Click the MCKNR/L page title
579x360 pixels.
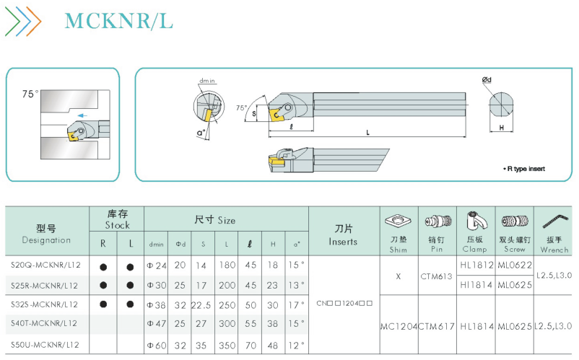click(x=118, y=21)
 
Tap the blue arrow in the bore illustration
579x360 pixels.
click(x=82, y=115)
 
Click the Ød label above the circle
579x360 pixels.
click(x=487, y=79)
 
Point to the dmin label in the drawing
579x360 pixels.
click(x=207, y=81)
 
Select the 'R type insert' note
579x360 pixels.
click(x=524, y=169)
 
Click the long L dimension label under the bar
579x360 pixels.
click(x=367, y=133)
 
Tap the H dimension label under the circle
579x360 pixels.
click(x=502, y=128)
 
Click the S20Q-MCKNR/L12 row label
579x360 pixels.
click(x=45, y=265)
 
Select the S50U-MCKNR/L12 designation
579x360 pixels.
click(x=45, y=345)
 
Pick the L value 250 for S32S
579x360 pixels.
click(x=227, y=305)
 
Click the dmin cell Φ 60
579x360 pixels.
click(x=157, y=346)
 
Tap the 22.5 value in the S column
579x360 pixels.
click(x=201, y=305)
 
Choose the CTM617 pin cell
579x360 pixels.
click(x=437, y=326)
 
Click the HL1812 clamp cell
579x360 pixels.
click(x=476, y=265)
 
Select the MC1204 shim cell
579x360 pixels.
click(x=399, y=326)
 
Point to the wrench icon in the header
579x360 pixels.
click(x=555, y=221)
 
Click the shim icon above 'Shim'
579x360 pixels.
click(x=398, y=221)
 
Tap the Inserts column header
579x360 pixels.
click(x=343, y=235)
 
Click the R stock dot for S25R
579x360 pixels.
click(x=103, y=285)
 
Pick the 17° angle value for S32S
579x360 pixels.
click(x=297, y=305)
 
